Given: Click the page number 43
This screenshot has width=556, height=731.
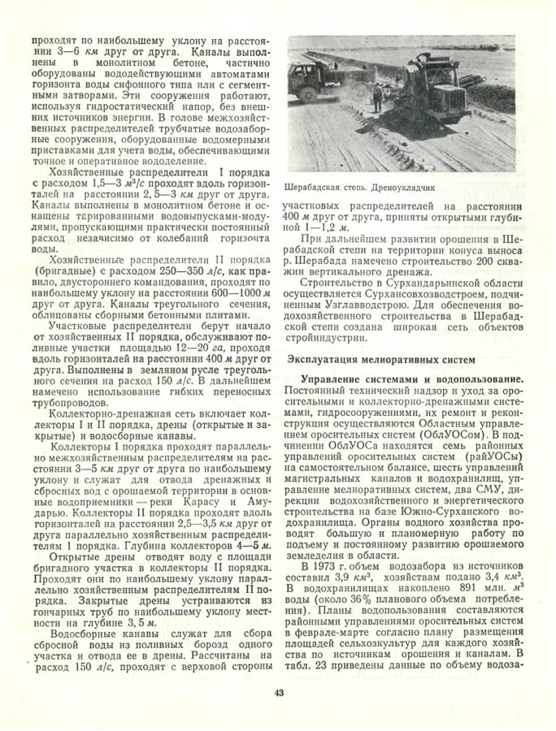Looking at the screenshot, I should pos(278,692).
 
